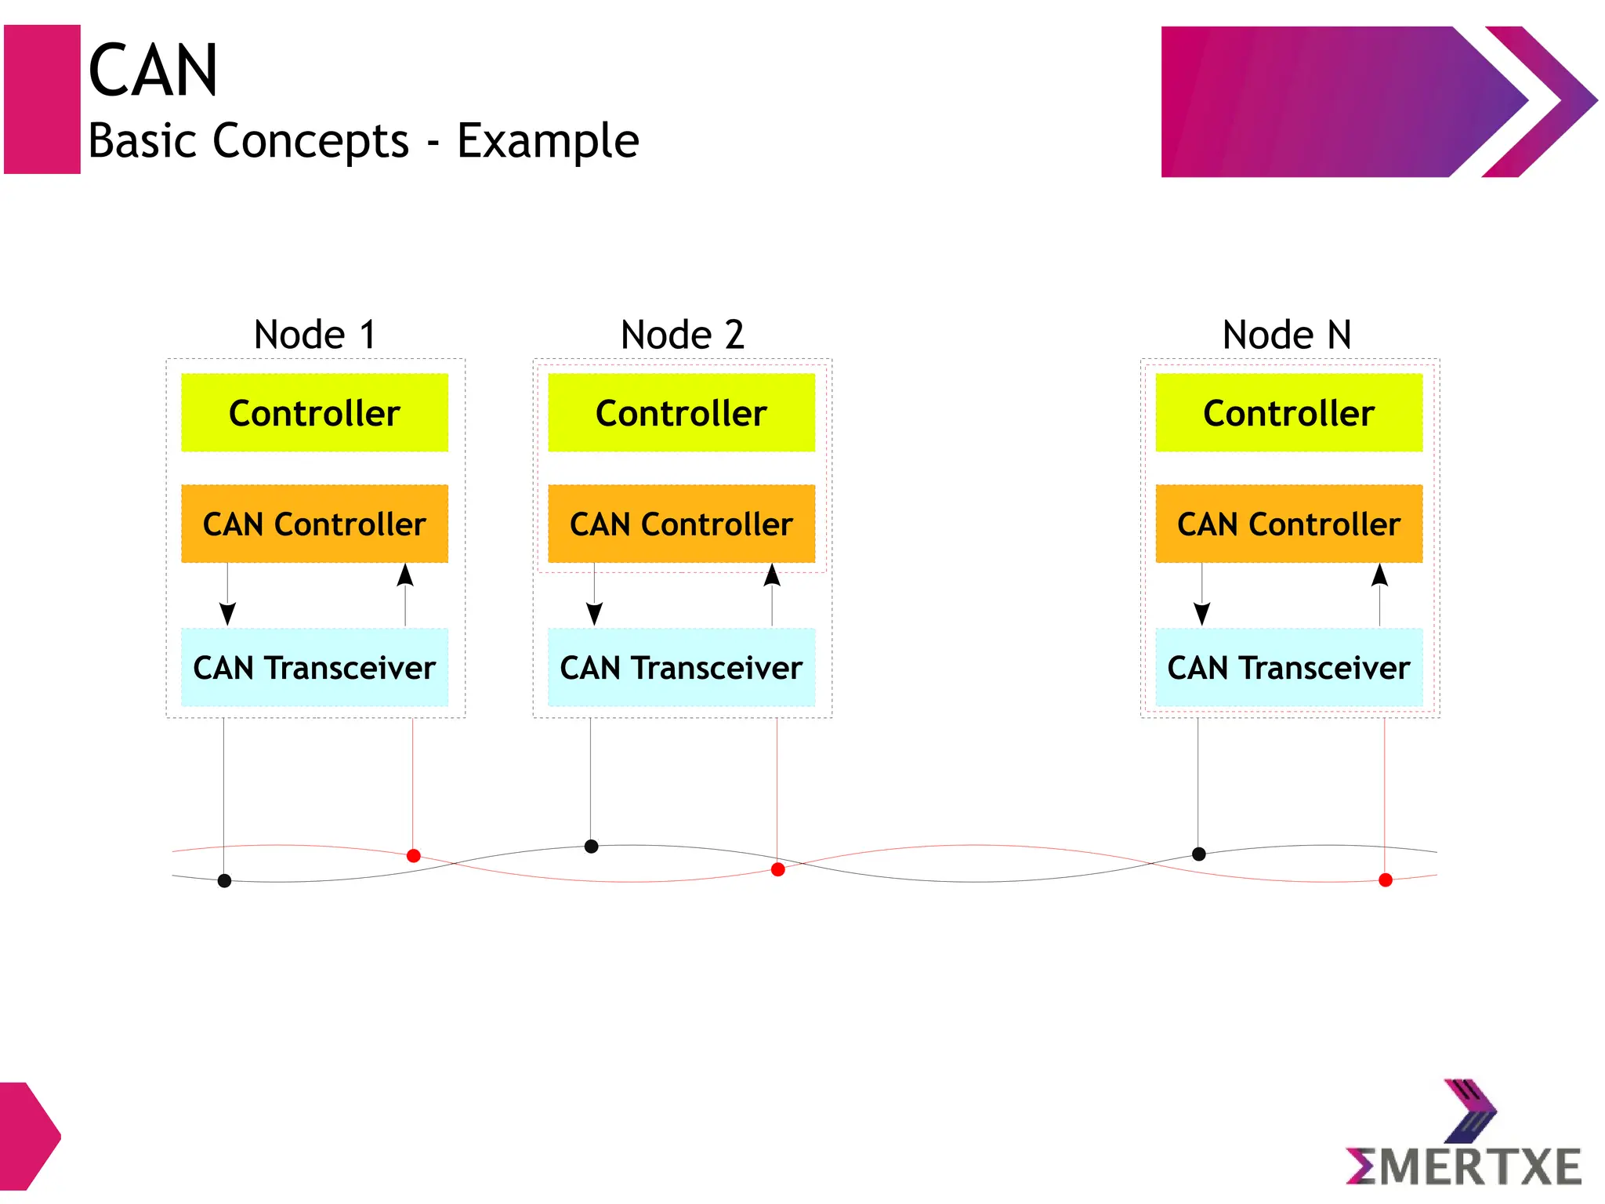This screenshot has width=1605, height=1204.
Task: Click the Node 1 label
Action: click(315, 335)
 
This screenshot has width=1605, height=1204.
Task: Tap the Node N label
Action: click(1287, 335)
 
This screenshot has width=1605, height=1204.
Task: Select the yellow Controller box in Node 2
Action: click(681, 413)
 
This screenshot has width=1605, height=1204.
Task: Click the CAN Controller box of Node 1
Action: click(314, 524)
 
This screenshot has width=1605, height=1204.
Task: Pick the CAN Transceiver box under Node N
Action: click(1288, 668)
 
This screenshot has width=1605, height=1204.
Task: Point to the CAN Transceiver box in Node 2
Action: click(681, 668)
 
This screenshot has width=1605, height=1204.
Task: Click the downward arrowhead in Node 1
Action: click(227, 613)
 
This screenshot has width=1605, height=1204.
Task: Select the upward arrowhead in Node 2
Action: click(772, 575)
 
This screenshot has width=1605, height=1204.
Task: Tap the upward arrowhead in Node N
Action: click(1379, 575)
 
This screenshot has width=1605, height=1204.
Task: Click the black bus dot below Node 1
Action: click(224, 880)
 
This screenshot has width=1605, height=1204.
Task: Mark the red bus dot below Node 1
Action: click(413, 855)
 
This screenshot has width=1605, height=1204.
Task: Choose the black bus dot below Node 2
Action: click(592, 846)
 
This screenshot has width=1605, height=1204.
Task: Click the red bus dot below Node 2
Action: click(777, 869)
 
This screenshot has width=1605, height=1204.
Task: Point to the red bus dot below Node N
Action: click(1385, 879)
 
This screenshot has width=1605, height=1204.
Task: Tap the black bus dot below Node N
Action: click(1198, 854)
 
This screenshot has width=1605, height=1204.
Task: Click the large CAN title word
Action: click(153, 71)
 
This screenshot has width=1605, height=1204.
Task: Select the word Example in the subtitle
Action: click(548, 141)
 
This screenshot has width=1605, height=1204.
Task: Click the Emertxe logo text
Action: click(1464, 1166)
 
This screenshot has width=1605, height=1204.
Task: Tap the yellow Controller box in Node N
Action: click(1288, 413)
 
